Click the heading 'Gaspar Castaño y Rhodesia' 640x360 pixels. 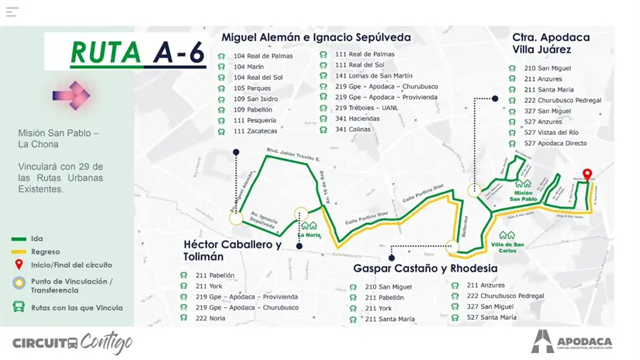coord(425,268)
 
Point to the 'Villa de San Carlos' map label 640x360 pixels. coord(507,246)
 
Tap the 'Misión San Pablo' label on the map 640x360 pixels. coord(523,196)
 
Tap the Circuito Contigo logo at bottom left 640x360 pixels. coord(72,342)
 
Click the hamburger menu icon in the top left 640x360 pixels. coord(12,12)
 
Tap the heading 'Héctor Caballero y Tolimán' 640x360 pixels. coord(232,250)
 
